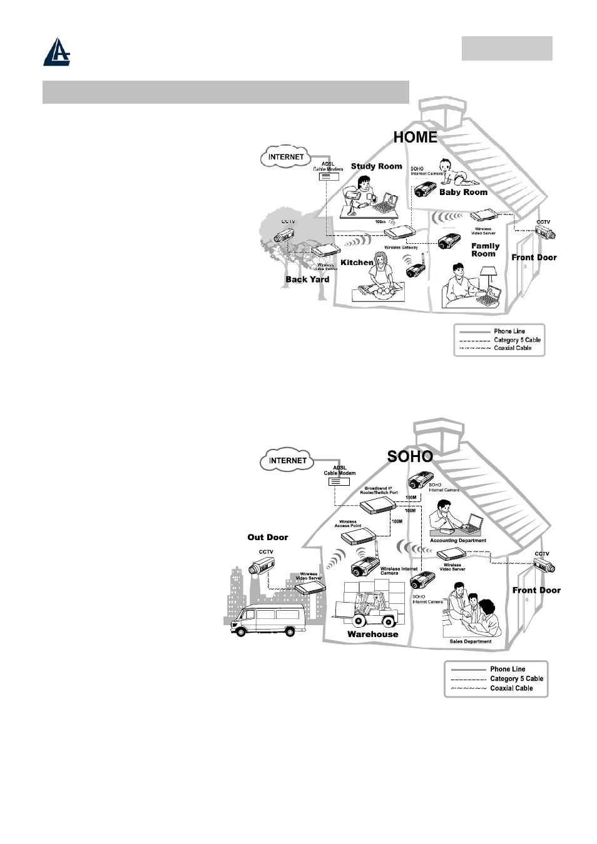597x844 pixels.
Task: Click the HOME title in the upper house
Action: (415, 138)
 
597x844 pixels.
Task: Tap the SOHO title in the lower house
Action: (410, 456)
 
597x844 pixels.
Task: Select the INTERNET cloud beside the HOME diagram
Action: (286, 157)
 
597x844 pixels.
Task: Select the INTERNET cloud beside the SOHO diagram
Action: (287, 461)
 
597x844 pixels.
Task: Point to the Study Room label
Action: (376, 166)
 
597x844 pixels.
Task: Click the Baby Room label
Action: (463, 192)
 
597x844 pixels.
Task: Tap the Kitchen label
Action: (357, 263)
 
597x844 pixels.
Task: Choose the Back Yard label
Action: (307, 279)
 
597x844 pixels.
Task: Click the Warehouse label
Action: (372, 634)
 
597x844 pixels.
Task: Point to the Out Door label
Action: (268, 537)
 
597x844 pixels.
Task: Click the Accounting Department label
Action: (457, 541)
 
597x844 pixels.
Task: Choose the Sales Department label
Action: (470, 641)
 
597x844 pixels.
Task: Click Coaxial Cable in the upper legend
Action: (513, 348)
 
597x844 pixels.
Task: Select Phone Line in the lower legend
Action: (508, 669)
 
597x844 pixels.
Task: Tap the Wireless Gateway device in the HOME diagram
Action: (399, 234)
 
